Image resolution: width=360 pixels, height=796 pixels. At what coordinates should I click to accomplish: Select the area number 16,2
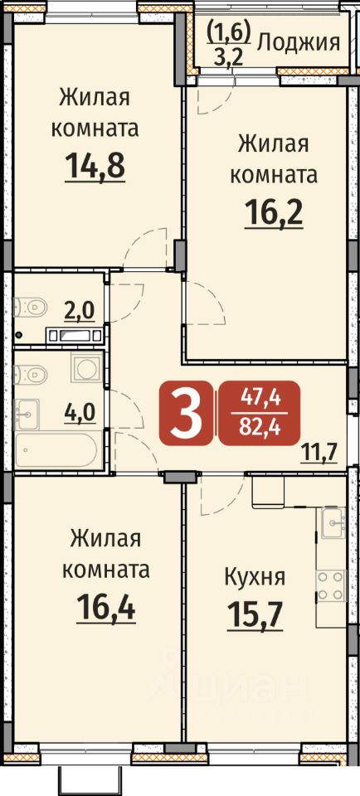click(274, 214)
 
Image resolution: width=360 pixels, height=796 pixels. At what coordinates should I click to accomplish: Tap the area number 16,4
click(106, 608)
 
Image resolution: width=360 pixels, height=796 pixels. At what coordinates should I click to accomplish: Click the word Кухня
click(255, 577)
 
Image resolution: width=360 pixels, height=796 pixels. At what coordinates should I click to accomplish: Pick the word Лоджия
click(299, 44)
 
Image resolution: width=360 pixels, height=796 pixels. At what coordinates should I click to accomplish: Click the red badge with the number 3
click(185, 413)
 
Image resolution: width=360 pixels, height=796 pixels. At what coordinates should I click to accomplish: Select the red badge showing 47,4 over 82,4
click(260, 413)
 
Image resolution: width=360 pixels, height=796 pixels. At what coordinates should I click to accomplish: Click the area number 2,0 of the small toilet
click(79, 311)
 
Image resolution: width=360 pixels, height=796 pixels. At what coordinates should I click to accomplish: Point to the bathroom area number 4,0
click(79, 412)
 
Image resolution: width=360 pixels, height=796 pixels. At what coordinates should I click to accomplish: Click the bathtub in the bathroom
click(56, 449)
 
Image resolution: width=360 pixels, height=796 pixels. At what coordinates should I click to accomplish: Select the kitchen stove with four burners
click(331, 585)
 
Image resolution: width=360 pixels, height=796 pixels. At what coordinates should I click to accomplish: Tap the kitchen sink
click(333, 522)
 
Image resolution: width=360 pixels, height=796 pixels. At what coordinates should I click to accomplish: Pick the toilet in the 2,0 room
click(31, 307)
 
